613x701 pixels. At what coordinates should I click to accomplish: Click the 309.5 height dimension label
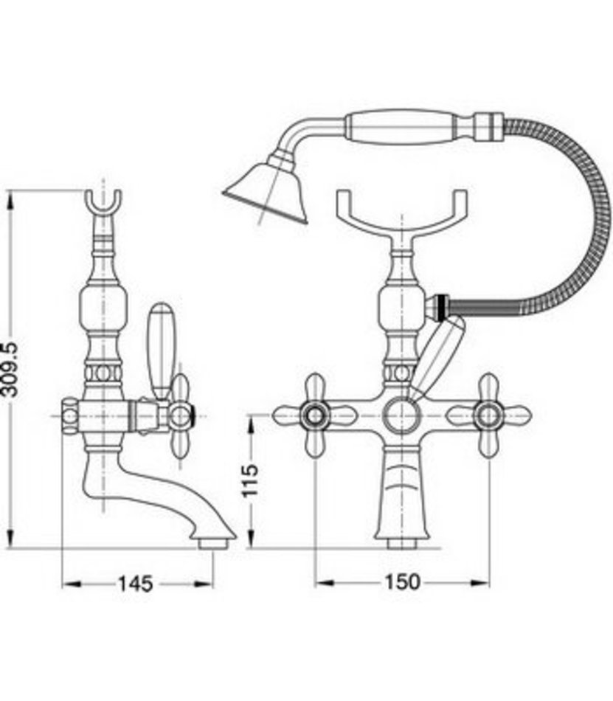[11, 369]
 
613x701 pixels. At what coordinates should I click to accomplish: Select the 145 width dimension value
[136, 584]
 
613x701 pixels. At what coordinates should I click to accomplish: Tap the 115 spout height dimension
[250, 480]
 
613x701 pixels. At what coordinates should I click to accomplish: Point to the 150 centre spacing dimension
[403, 582]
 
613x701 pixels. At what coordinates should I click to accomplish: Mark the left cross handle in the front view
[315, 415]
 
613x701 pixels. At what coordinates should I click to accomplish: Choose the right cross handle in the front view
[488, 415]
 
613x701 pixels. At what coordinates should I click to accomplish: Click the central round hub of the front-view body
[403, 415]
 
